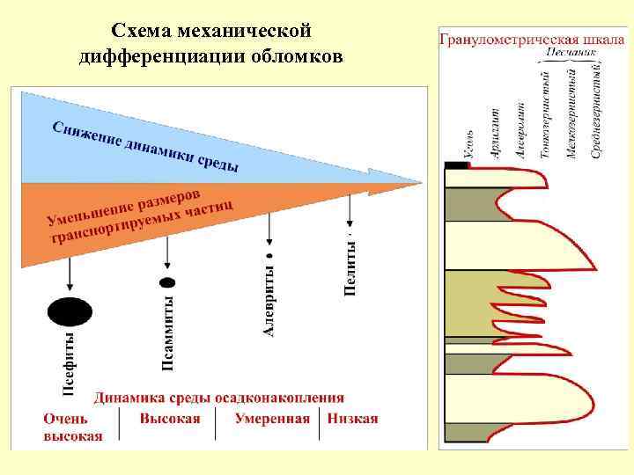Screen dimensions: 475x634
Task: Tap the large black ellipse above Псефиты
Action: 70,311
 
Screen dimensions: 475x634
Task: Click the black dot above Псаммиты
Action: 166,282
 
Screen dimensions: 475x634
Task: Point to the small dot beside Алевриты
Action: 269,255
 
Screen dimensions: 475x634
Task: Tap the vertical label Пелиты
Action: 350,267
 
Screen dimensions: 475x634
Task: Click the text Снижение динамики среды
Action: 145,146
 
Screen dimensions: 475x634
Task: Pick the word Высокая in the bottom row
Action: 170,419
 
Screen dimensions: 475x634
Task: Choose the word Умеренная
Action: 272,419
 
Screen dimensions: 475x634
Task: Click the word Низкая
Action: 353,419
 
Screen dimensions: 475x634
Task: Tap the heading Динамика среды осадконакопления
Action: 219,398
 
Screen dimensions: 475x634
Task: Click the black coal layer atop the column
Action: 456,165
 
